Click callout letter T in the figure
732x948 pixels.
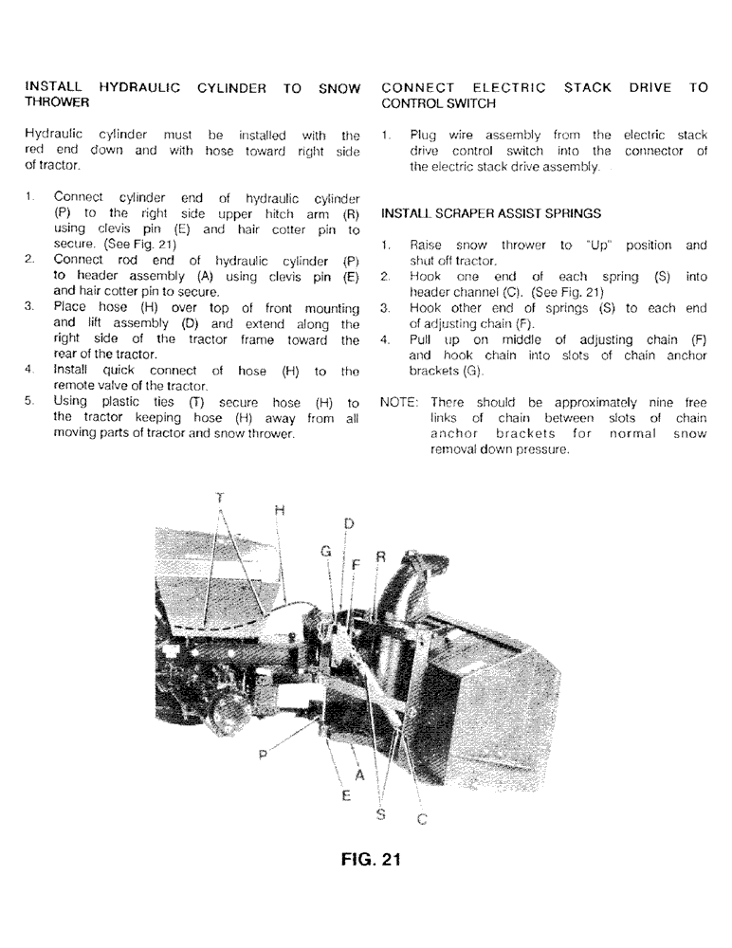(220, 497)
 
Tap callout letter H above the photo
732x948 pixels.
(279, 510)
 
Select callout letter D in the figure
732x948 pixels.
(348, 523)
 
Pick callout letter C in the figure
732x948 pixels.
(421, 821)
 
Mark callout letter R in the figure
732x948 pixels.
(381, 557)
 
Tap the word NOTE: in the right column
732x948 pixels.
(399, 402)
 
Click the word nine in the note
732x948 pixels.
(661, 402)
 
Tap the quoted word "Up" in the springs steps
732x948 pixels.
(595, 246)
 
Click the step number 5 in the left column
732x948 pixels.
(29, 402)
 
